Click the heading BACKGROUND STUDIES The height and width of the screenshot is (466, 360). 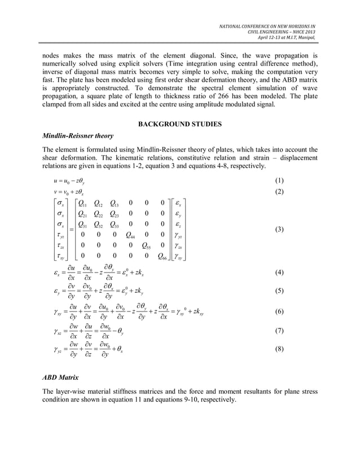coord(180,124)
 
